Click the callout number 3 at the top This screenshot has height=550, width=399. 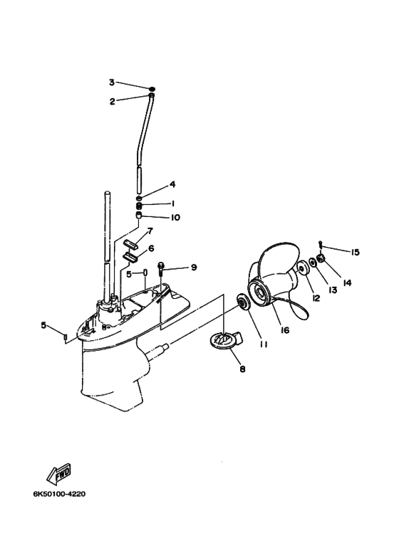(x=112, y=83)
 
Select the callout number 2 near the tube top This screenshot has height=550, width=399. (x=112, y=102)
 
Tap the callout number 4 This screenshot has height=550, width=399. (x=172, y=184)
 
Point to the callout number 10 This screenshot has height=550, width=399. (x=175, y=218)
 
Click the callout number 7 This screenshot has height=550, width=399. (x=150, y=231)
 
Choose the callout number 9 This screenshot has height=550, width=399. (x=194, y=268)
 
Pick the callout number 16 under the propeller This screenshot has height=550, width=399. (x=285, y=330)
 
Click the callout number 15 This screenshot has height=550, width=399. (x=355, y=252)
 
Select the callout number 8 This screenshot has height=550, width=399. (x=242, y=369)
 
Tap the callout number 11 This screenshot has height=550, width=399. (x=264, y=345)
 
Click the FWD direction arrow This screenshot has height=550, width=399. (x=58, y=474)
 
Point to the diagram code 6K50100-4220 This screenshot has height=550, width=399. (x=59, y=495)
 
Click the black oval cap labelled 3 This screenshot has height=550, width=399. (x=152, y=89)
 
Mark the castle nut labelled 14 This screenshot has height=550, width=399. (x=321, y=259)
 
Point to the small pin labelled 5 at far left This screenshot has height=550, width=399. (x=65, y=337)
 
